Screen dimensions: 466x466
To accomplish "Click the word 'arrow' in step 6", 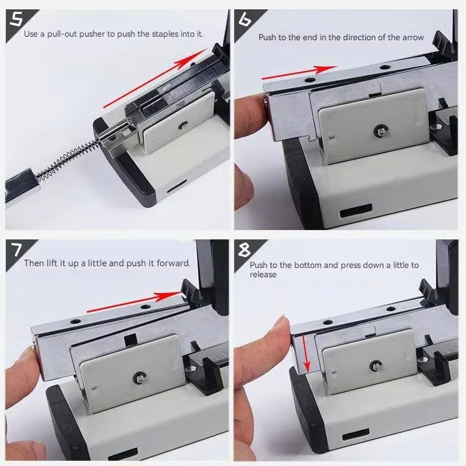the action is click(x=413, y=37).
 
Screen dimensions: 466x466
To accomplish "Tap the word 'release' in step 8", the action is click(x=263, y=274).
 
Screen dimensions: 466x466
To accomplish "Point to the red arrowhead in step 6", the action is click(x=326, y=69).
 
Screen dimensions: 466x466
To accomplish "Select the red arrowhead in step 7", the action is click(x=168, y=296).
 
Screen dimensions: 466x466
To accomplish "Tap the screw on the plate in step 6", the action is click(x=379, y=129).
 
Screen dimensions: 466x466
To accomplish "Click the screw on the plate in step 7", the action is click(x=139, y=377).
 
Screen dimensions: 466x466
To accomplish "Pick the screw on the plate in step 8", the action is click(x=375, y=366).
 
